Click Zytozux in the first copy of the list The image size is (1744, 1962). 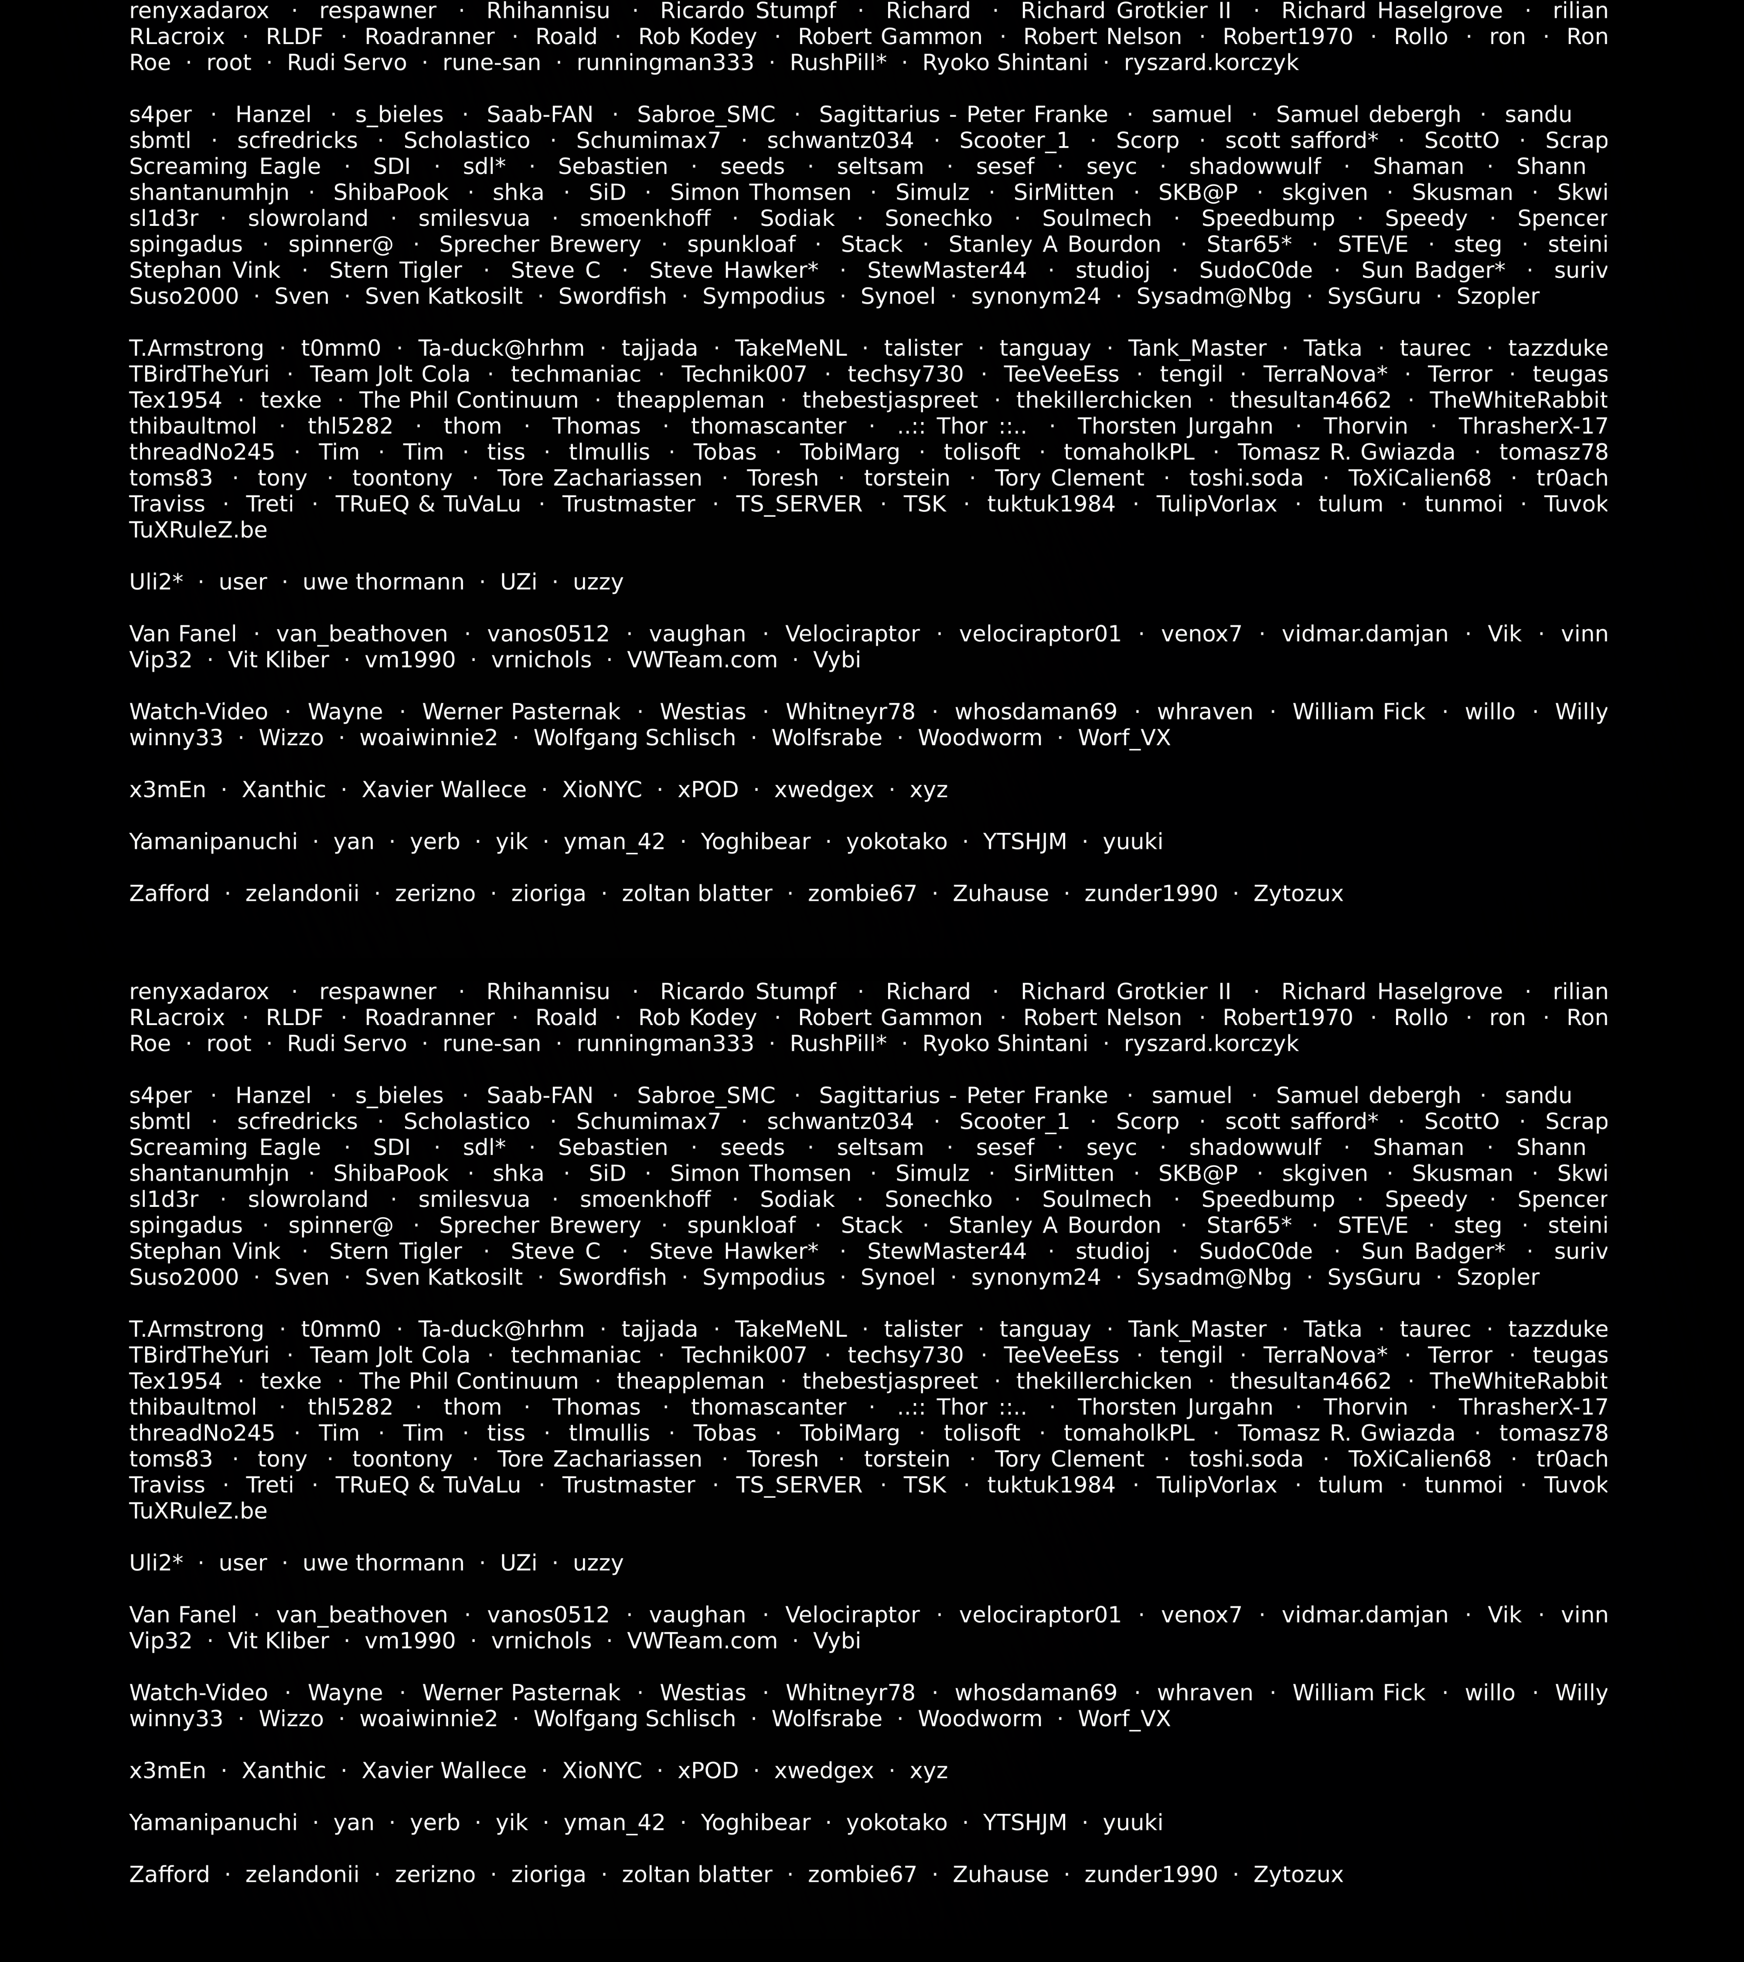(1298, 894)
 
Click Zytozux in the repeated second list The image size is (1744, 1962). (1298, 1875)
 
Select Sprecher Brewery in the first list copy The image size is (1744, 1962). (539, 245)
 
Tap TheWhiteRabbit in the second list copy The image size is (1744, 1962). (1517, 1381)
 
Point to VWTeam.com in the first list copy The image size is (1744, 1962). (702, 661)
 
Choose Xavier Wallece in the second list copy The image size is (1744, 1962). (443, 1771)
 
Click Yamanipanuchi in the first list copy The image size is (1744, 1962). (213, 842)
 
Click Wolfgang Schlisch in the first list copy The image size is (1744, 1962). (634, 738)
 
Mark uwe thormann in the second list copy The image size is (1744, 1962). (383, 1563)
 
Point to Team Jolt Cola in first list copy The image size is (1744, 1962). (390, 375)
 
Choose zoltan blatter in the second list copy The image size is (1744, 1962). (697, 1875)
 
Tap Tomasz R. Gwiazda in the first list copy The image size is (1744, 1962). (1345, 452)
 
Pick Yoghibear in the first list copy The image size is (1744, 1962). (756, 842)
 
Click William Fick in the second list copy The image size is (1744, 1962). (1358, 1692)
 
